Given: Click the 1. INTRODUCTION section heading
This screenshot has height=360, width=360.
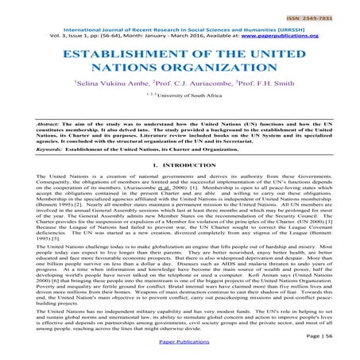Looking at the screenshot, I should coord(180,185).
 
